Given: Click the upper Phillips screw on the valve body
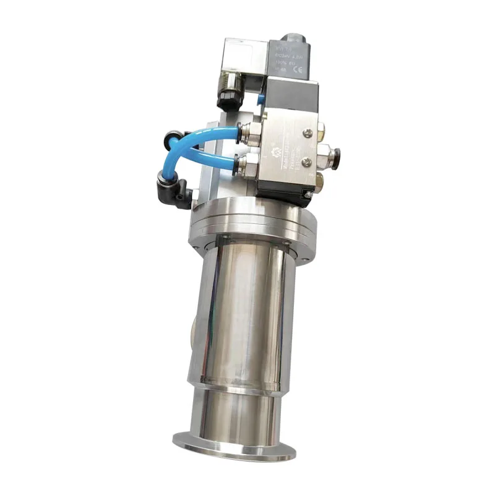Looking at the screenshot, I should pyautogui.click(x=308, y=131).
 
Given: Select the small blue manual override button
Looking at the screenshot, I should pyautogui.click(x=262, y=98).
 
